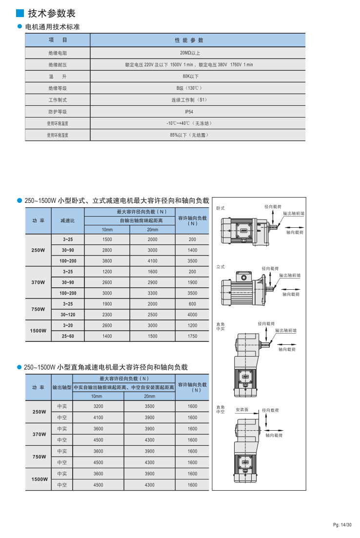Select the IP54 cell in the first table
tap(189, 112)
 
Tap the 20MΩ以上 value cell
tap(189, 53)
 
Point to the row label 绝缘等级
tap(57, 88)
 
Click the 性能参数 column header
tap(189, 40)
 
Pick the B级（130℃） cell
tap(189, 88)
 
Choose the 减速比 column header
tap(68, 220)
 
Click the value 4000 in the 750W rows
tap(192, 315)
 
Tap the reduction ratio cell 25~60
tap(68, 336)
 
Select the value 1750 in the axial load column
tap(192, 336)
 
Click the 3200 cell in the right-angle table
tap(98, 406)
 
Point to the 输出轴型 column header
tap(62, 387)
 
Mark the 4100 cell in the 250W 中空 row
tap(98, 418)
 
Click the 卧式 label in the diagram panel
tap(220, 208)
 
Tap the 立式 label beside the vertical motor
tap(220, 267)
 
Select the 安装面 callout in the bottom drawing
tap(242, 410)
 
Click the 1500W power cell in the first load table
tap(38, 331)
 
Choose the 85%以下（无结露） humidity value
tap(189, 135)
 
